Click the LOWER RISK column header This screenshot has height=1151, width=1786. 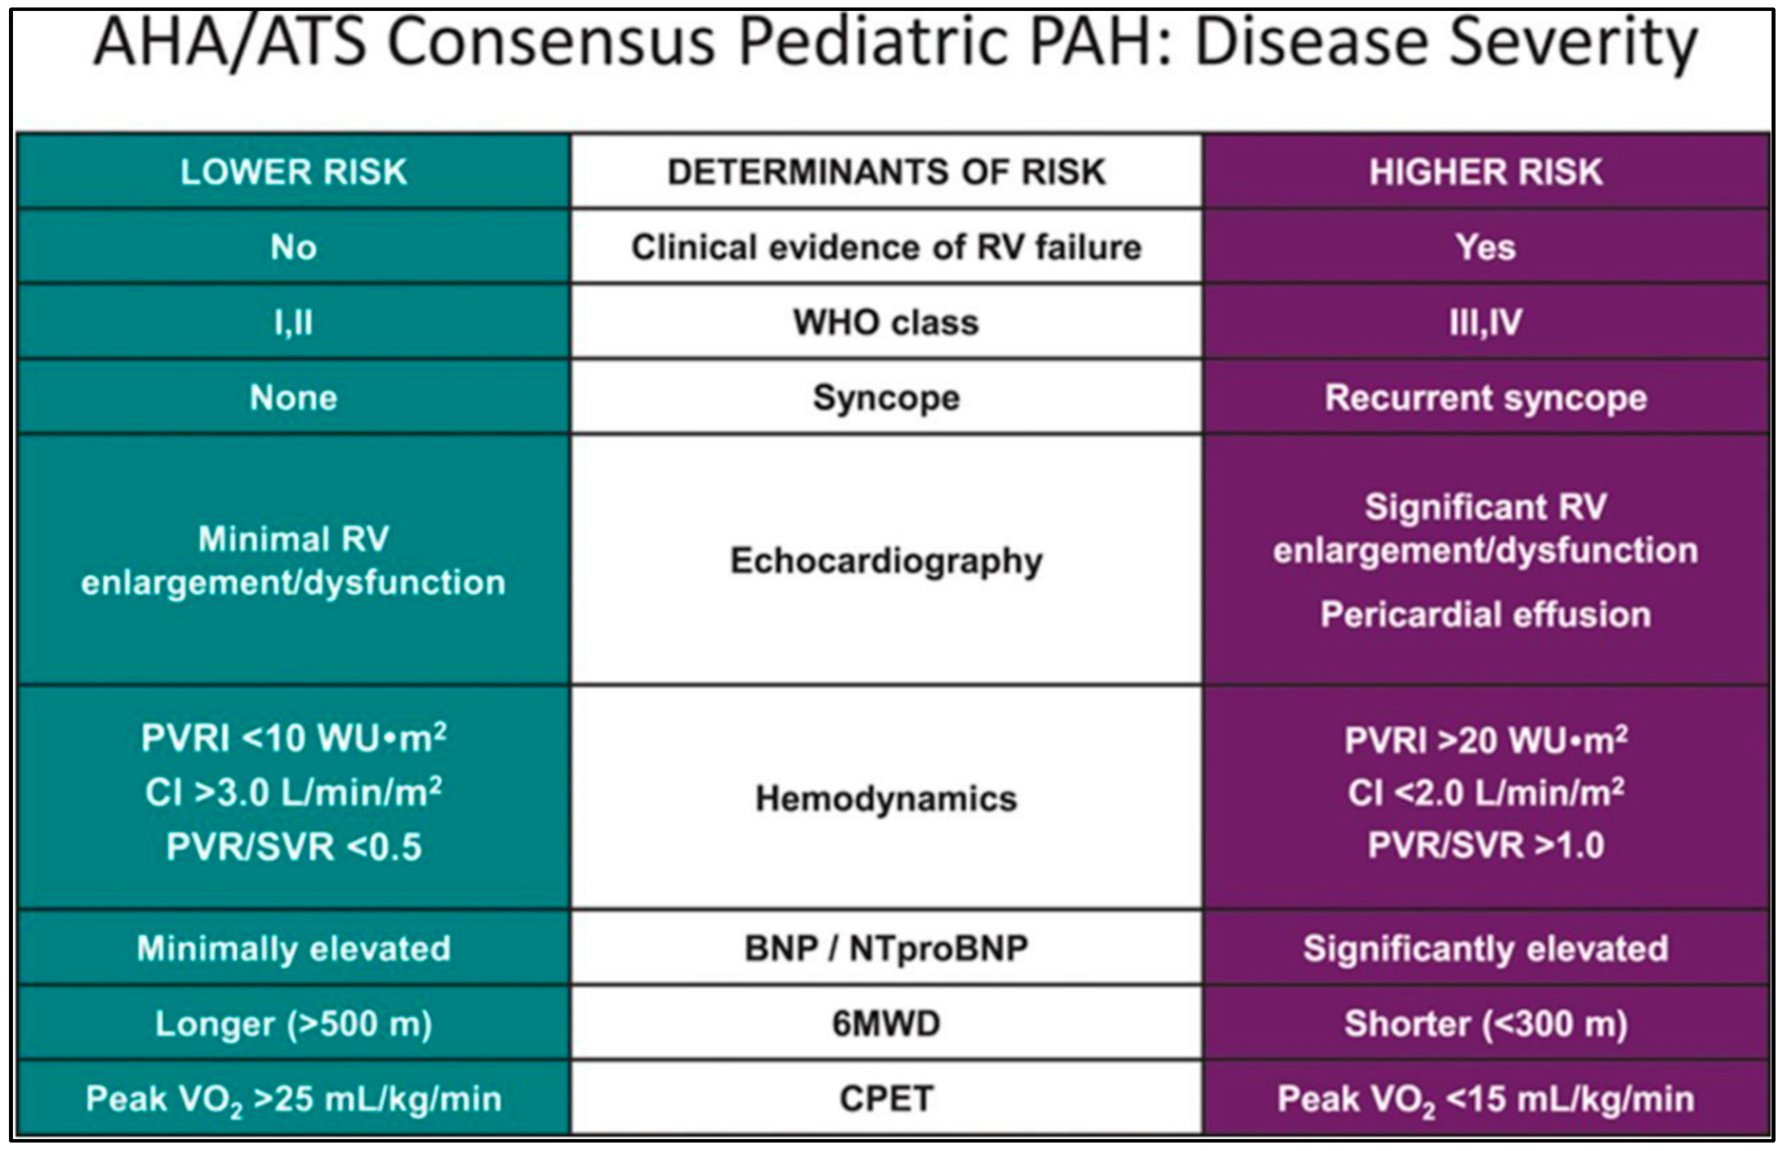point(293,172)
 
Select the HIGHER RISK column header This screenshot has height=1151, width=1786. point(1485,172)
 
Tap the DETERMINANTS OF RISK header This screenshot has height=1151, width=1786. point(886,172)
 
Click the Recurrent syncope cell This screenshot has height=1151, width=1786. point(1485,398)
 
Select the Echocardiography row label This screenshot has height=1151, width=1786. point(886,561)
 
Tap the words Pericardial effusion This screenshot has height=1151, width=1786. point(1485,614)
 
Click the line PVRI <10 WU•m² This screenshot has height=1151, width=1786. point(293,738)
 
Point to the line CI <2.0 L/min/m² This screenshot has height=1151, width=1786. point(1485,792)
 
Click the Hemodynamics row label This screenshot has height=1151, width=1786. point(886,798)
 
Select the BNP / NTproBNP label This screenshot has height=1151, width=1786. point(886,949)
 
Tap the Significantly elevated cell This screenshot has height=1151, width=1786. point(1485,949)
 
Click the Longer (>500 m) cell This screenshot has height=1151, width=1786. point(293,1023)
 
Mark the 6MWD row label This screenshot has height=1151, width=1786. point(886,1023)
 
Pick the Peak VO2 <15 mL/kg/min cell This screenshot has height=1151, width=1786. point(1485,1099)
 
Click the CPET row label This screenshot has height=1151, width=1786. point(886,1099)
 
